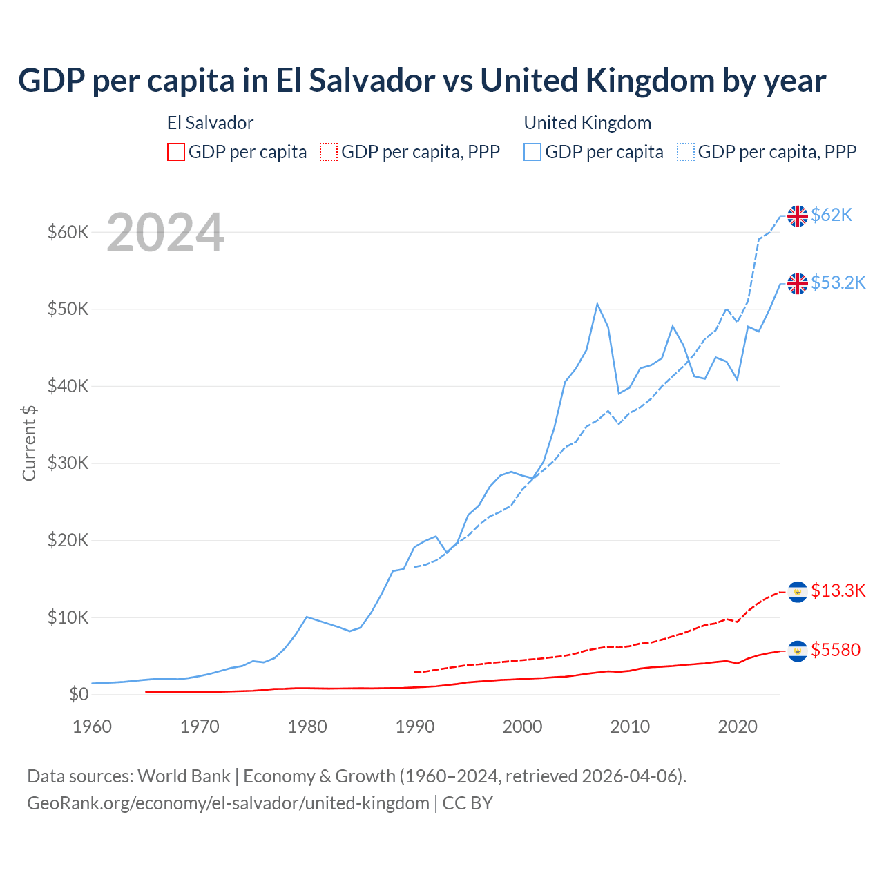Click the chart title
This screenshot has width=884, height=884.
tap(421, 81)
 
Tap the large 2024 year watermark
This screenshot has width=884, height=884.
tap(165, 233)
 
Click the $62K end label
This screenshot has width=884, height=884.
tap(832, 215)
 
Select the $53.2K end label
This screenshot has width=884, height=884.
tap(838, 283)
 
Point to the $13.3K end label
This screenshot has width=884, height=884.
tap(838, 591)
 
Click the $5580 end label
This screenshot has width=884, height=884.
tap(836, 651)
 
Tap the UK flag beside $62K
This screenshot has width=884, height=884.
tap(798, 216)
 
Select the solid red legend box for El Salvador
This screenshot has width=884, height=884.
tap(176, 152)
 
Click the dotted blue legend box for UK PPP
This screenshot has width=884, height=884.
tap(686, 152)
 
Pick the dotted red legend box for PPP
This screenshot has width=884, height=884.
tap(329, 152)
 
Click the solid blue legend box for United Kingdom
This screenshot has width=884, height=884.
tap(532, 152)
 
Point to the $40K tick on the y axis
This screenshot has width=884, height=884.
tap(68, 386)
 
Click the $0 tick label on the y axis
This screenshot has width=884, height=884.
tap(79, 694)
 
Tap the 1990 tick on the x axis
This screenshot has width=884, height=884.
tap(414, 727)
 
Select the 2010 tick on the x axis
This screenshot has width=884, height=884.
tap(630, 727)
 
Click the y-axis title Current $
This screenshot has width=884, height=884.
tap(29, 443)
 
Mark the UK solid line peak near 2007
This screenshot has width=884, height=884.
tap(597, 304)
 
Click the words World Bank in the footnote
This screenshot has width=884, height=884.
tap(184, 776)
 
